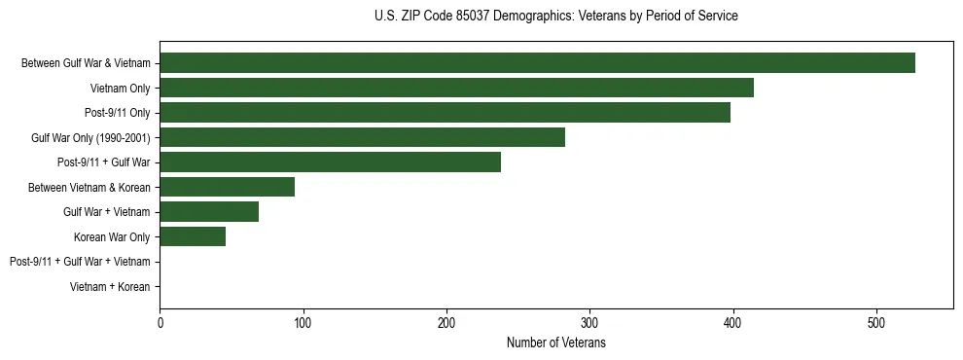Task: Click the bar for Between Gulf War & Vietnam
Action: (537, 63)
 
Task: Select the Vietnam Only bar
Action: (456, 88)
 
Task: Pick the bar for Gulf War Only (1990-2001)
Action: (362, 137)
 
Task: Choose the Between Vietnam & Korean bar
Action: (227, 187)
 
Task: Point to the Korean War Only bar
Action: (193, 236)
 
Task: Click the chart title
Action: (555, 17)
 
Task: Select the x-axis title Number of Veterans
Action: (555, 342)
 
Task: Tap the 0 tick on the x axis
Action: (160, 323)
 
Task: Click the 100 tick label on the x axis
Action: (303, 323)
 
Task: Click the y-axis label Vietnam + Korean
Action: (110, 287)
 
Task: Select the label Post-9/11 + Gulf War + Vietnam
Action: (80, 262)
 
